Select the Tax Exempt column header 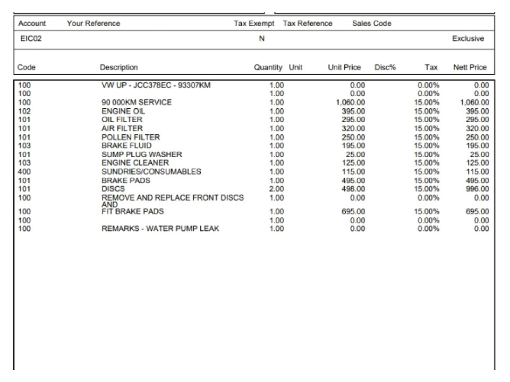point(254,23)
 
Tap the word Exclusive point(468,39)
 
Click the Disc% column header point(385,67)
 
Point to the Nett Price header point(470,67)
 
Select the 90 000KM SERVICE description point(137,102)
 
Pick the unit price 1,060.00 point(351,102)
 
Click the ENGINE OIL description point(123,111)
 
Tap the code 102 point(24,111)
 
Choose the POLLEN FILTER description point(130,137)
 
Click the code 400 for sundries point(24,171)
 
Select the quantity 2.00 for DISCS point(277,189)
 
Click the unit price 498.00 point(353,189)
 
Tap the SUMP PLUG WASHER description point(141,154)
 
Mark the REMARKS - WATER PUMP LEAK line point(160,229)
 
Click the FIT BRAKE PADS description point(132,212)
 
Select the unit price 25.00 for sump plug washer point(355,154)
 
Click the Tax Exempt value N point(261,39)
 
